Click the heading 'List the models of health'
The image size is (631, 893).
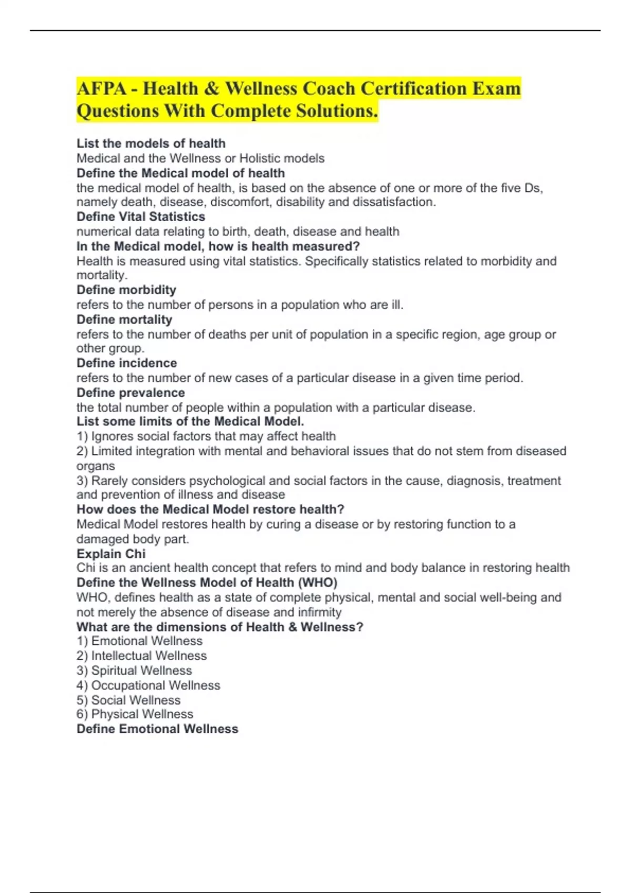(151, 143)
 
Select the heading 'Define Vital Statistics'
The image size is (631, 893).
(141, 216)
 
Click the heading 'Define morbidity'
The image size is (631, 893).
(126, 290)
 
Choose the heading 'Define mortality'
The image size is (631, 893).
(124, 319)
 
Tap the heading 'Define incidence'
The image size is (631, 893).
(127, 363)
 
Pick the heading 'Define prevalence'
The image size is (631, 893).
(130, 392)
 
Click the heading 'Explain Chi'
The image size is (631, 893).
(111, 554)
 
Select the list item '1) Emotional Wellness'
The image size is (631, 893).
(139, 641)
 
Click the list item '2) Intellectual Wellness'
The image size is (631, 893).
(141, 656)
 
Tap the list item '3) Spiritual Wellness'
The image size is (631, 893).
(134, 670)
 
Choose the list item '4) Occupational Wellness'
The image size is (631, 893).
(148, 685)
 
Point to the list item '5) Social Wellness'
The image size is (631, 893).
(128, 700)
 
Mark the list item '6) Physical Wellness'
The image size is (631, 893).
(135, 714)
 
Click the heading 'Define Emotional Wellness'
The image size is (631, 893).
(157, 729)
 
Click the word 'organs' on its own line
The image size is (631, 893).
(96, 466)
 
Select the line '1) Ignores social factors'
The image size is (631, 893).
(206, 436)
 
